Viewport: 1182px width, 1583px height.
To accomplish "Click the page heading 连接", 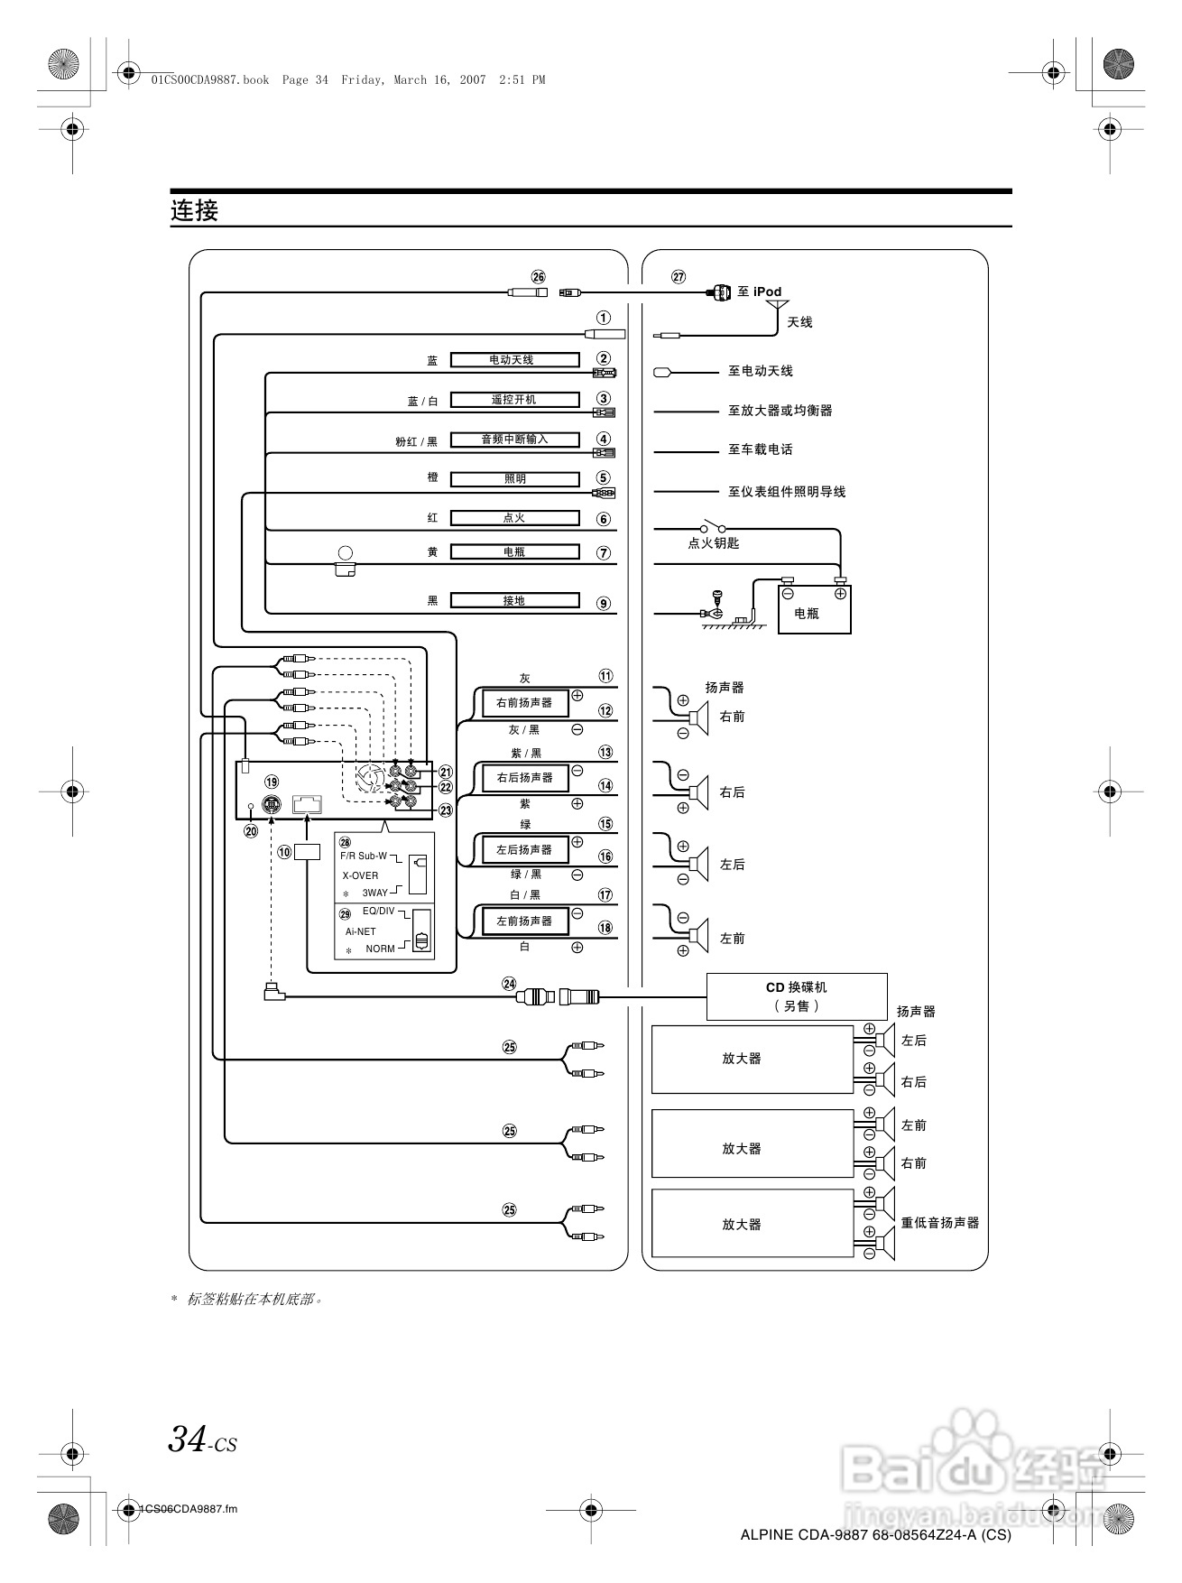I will pyautogui.click(x=195, y=210).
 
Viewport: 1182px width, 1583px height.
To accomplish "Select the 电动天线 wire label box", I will pyautogui.click(x=514, y=359).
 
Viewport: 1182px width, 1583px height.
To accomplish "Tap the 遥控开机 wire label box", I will pyautogui.click(x=514, y=399).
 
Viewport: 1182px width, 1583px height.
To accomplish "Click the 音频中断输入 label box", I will pyautogui.click(x=514, y=440).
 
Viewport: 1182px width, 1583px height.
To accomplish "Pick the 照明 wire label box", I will pyautogui.click(x=514, y=479).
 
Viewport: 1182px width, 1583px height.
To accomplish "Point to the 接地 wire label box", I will pyautogui.click(x=514, y=600).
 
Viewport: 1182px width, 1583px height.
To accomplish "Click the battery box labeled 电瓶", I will pyautogui.click(x=814, y=609).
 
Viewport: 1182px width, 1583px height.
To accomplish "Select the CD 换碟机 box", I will pyautogui.click(x=796, y=995).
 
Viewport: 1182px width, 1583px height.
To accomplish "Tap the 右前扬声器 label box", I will pyautogui.click(x=524, y=702).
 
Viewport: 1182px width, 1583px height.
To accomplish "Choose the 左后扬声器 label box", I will pyautogui.click(x=524, y=849).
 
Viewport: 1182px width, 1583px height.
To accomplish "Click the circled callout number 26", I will pyautogui.click(x=539, y=277).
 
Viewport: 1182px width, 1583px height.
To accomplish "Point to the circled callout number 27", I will pyautogui.click(x=679, y=277).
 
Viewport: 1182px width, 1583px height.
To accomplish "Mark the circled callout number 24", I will pyautogui.click(x=510, y=985).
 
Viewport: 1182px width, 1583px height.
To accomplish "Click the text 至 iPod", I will pyautogui.click(x=760, y=292).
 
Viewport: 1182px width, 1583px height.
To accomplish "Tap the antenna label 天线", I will pyautogui.click(x=799, y=322).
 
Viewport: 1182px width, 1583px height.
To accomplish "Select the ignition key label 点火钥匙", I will pyautogui.click(x=714, y=543).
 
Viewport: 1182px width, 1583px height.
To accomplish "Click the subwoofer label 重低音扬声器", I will pyautogui.click(x=939, y=1223).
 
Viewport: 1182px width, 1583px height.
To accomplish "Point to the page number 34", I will pyautogui.click(x=188, y=1439).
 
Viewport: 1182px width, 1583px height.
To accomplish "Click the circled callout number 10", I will pyautogui.click(x=285, y=851).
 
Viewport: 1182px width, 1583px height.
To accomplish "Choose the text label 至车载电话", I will pyautogui.click(x=761, y=449).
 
